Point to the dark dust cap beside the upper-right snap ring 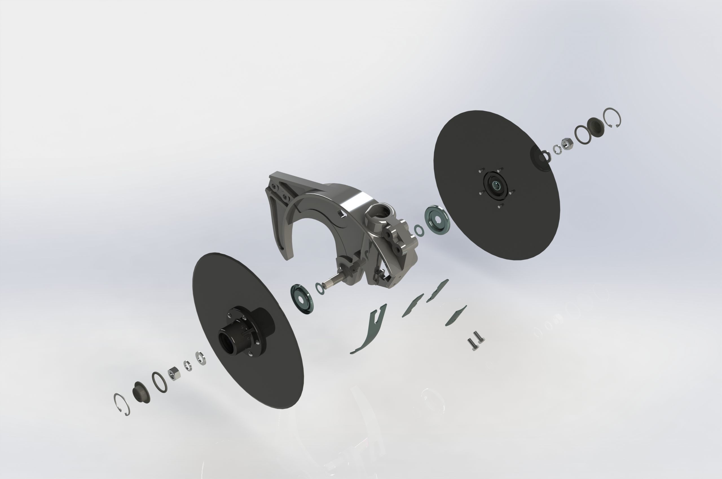595,127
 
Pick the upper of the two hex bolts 479,337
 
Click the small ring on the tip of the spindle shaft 320,288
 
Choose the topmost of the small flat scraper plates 438,290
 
